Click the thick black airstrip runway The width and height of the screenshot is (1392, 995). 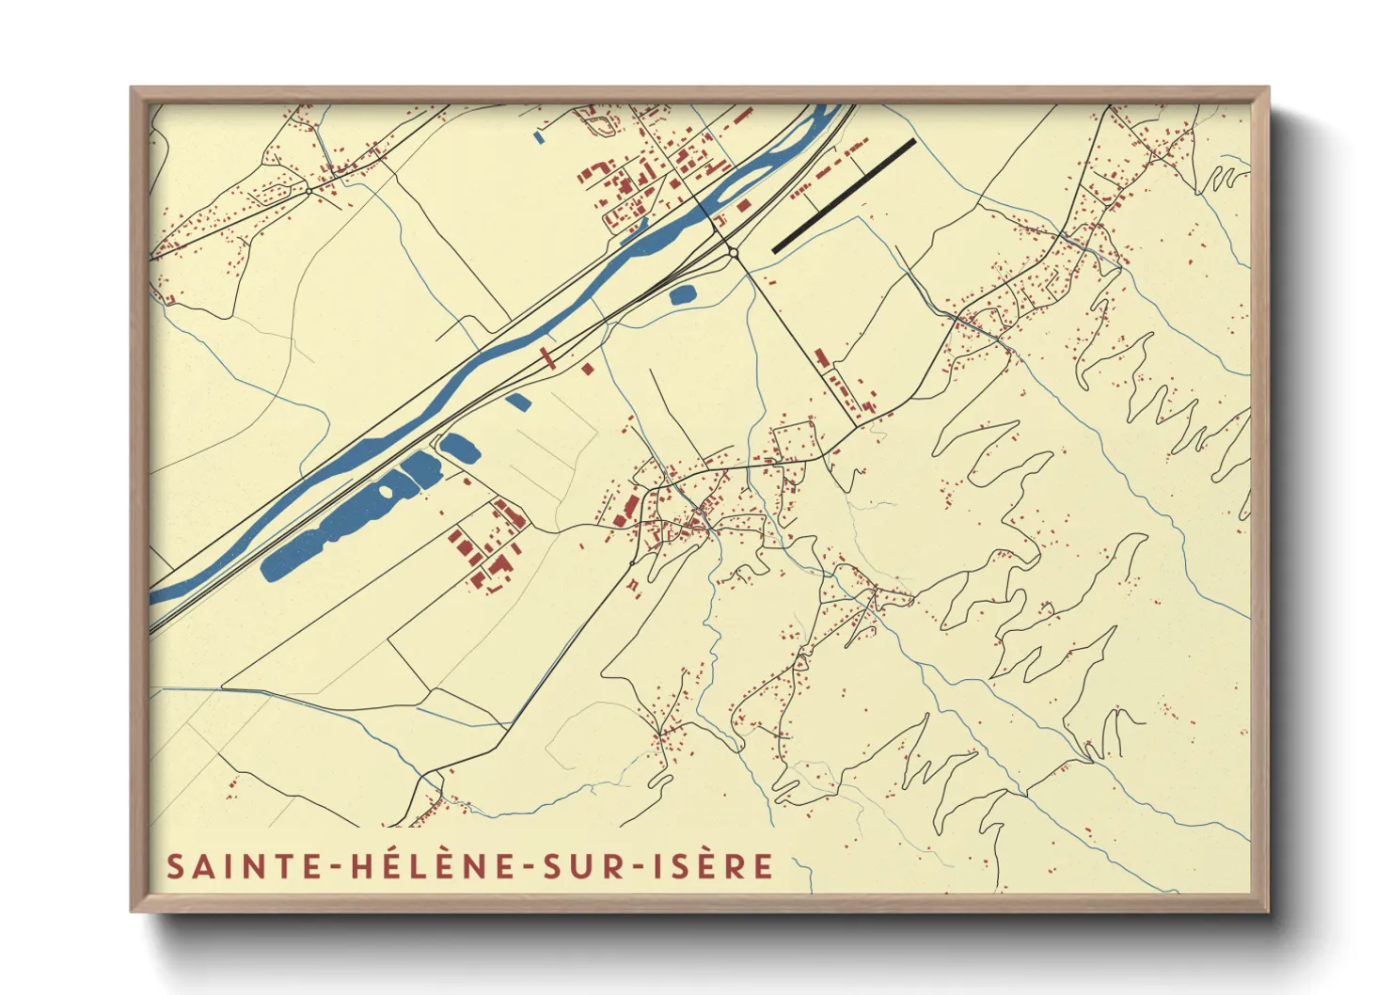pos(844,196)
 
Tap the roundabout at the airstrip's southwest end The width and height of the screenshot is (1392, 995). pos(732,252)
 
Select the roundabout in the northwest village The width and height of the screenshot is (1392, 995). pos(308,190)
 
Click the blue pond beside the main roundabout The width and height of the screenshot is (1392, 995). pos(682,294)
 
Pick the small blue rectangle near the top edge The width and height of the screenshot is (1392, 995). pos(539,136)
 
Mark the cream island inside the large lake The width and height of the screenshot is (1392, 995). pos(385,490)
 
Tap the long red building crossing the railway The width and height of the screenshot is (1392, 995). pos(546,357)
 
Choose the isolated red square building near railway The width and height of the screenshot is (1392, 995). pos(588,370)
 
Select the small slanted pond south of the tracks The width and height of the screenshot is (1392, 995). pos(518,402)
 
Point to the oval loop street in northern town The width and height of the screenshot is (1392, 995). pos(592,118)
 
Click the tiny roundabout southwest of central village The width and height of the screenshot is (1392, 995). pos(632,562)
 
